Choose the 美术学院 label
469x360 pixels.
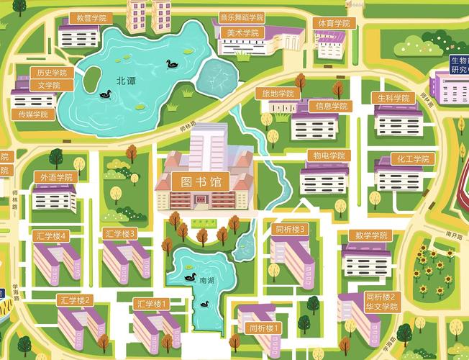242,32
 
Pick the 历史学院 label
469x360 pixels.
52,73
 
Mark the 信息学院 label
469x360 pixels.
331,106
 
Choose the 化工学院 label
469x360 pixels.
413,159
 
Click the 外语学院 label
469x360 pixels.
57,177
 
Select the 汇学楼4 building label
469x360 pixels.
51,235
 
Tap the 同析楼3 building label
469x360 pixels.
291,230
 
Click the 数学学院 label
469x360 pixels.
371,235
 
